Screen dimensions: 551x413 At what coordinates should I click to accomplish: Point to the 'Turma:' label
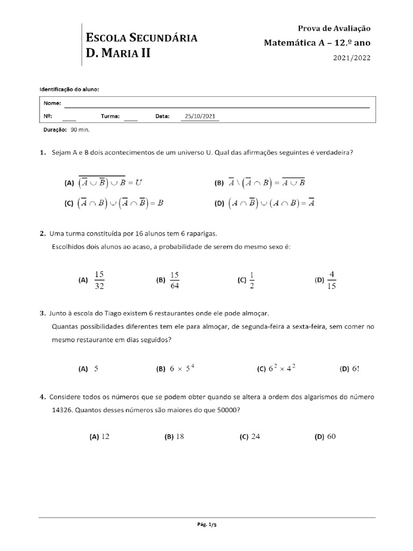(x=109, y=116)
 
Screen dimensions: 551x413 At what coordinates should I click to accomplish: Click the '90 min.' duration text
(x=80, y=130)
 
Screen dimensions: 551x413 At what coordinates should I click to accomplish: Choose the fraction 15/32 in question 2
(x=99, y=280)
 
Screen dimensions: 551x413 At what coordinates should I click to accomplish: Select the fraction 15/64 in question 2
(x=174, y=280)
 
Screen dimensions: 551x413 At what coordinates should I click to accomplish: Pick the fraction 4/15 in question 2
(x=332, y=280)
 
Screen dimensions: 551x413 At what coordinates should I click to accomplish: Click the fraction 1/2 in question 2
(x=251, y=280)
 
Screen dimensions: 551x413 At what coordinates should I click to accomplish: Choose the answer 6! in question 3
(x=355, y=369)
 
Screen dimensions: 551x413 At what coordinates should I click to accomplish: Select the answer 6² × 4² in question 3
(x=282, y=369)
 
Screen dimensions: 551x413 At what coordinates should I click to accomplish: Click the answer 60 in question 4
(x=331, y=436)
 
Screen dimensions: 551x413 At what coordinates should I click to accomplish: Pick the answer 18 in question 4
(x=180, y=436)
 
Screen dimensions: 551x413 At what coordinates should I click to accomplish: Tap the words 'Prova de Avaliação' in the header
(x=334, y=29)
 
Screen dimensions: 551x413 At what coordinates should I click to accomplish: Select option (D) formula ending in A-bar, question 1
(x=272, y=203)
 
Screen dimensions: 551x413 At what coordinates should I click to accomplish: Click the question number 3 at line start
(x=42, y=313)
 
